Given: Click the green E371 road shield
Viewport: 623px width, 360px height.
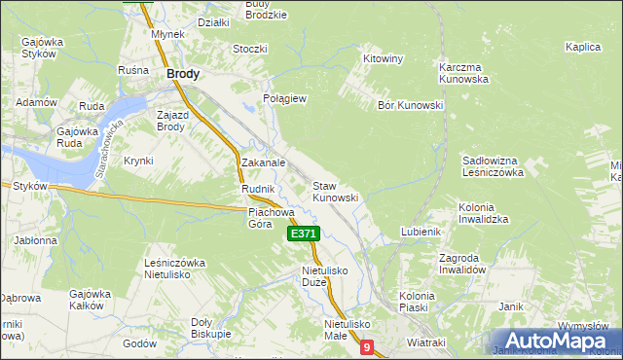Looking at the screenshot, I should pos(304,234).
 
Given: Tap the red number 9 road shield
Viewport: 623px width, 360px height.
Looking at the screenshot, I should pos(366,346).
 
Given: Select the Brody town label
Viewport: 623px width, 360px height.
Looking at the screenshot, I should pos(183,73).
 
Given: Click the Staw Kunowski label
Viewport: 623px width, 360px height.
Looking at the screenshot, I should pos(335,192).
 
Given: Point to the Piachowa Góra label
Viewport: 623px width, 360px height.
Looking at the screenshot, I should pos(271,217).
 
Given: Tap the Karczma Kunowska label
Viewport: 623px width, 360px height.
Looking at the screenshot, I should pos(461,72).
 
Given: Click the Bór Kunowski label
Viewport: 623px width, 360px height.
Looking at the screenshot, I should pos(410,105).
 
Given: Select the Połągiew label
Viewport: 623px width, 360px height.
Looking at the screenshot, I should pos(285,99).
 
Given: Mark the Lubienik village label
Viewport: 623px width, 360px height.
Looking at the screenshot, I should pos(421,232).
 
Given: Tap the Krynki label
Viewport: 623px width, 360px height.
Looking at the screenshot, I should pos(138,161).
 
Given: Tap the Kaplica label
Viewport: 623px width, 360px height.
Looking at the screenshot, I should pos(581,47).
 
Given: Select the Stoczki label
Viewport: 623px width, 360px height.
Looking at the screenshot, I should pos(250,48).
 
